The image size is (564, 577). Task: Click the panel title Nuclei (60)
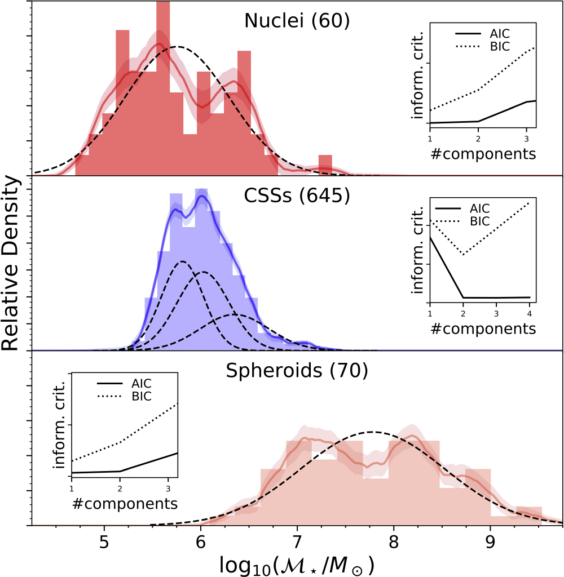(297, 21)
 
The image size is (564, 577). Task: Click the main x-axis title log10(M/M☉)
(297, 563)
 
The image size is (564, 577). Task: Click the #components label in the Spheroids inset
(125, 503)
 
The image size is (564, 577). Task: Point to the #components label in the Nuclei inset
(483, 153)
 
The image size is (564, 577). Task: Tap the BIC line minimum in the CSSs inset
(463, 255)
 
